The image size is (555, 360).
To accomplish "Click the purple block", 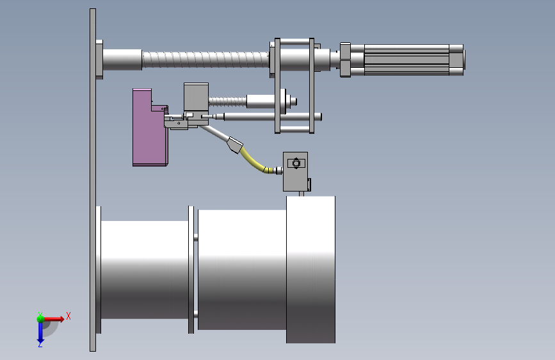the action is click(146, 131).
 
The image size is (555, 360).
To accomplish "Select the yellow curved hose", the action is click(252, 161).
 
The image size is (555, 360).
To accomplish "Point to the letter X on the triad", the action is click(68, 316).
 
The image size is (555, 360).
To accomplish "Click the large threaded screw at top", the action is click(205, 59).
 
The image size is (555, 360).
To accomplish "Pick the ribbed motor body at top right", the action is click(406, 60).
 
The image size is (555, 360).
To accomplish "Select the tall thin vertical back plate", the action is click(93, 180).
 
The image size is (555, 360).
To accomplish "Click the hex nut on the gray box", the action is click(296, 163).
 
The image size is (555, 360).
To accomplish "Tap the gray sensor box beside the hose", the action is click(295, 172).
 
